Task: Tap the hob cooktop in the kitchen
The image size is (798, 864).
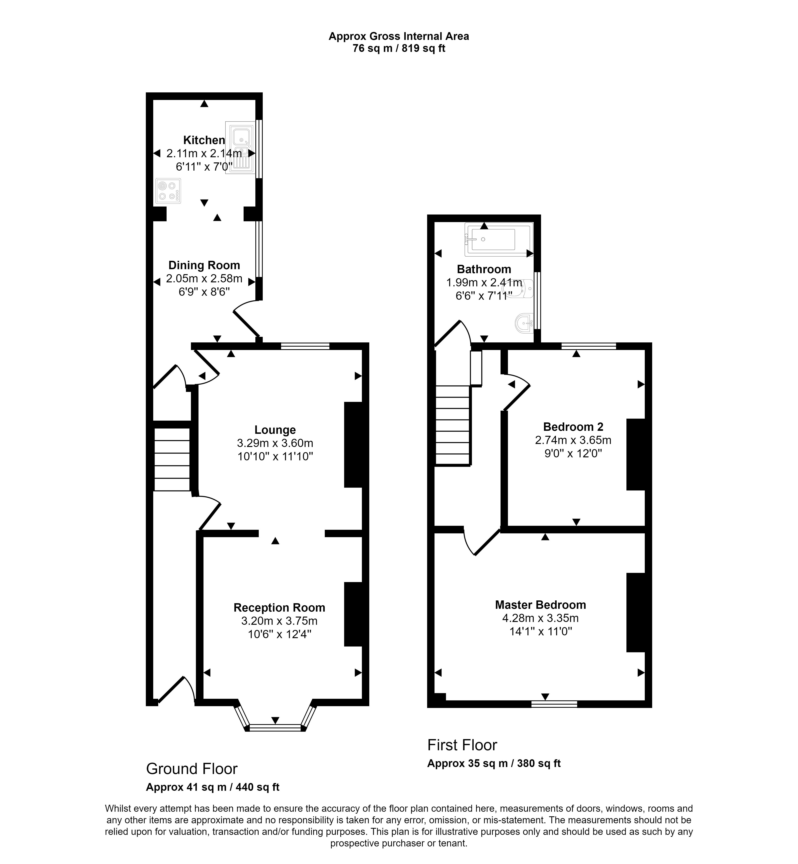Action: (x=168, y=191)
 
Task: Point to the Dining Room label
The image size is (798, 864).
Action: (x=204, y=265)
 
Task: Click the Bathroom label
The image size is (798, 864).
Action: (x=484, y=269)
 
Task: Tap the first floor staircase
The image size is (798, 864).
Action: (x=452, y=425)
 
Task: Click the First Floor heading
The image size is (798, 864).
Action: (x=462, y=745)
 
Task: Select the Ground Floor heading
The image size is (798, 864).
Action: (x=192, y=769)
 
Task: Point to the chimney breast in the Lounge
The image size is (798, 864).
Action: (x=353, y=445)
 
